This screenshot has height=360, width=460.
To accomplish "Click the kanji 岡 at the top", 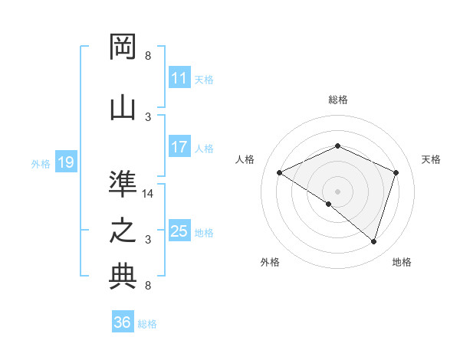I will point(123,47).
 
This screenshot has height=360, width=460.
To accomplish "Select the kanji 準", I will point(123,183).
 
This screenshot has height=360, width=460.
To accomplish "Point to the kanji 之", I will point(123,231).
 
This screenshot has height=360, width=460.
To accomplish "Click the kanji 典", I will point(123,277).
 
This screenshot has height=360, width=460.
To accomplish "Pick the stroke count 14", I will point(148,194).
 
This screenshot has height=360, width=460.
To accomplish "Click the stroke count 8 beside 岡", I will point(148,56).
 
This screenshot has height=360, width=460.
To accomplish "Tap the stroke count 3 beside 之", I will point(148,240).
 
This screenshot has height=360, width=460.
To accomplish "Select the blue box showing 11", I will point(179,78).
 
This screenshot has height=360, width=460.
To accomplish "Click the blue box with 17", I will point(179,147).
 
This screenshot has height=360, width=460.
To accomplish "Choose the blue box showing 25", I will point(179,231).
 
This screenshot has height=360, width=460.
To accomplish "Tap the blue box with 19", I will point(65,162).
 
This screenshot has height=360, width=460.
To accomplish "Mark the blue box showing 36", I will point(123,322).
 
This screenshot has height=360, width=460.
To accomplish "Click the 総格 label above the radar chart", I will point(337,100).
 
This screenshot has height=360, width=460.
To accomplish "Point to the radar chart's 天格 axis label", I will point(431,159).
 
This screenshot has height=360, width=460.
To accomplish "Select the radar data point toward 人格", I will point(280,172).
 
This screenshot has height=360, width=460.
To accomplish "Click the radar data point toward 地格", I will point(373,242).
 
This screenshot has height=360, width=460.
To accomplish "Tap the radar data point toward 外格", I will point(329,204).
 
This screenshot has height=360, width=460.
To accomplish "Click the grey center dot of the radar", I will point(337,191).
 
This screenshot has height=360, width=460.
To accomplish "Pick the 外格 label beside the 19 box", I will point(40,163).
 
